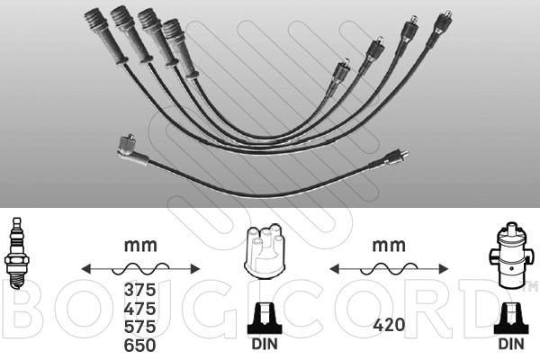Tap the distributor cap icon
(x=265, y=251)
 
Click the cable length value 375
(x=139, y=290)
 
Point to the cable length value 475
(x=139, y=309)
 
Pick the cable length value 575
(x=139, y=327)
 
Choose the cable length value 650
(x=139, y=346)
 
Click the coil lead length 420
(x=389, y=325)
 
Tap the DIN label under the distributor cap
(x=265, y=344)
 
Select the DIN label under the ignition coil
(x=511, y=344)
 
